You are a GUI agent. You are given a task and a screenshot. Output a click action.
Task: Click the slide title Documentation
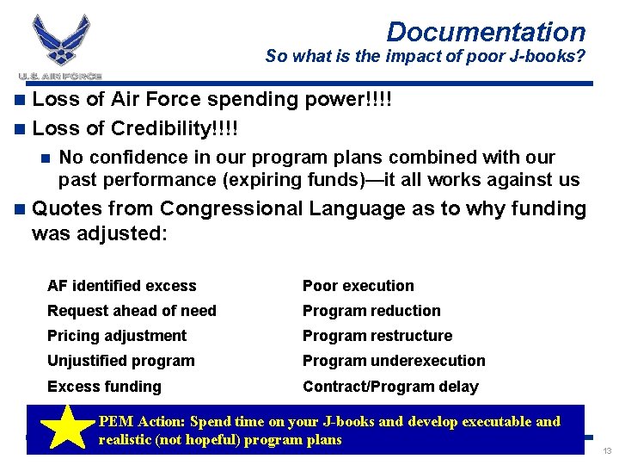[486, 32]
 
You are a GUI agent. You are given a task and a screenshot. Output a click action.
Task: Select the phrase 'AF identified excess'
[122, 286]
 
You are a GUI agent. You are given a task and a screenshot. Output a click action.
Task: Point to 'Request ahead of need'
[132, 311]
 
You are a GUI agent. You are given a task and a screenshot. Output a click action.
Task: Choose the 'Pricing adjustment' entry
[117, 336]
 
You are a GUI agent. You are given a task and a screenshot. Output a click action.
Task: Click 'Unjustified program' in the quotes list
[121, 361]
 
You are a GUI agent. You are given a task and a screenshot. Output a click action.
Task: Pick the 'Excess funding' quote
[104, 387]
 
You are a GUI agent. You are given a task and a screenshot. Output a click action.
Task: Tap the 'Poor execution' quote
[359, 286]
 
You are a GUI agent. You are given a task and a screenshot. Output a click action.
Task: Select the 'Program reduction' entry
[371, 311]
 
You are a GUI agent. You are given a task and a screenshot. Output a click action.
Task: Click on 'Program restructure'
[377, 336]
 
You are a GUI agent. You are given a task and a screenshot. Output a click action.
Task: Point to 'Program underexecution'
[394, 361]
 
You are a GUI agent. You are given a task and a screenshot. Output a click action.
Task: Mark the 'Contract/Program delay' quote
[390, 387]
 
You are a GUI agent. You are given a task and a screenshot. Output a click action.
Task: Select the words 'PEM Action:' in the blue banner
[141, 422]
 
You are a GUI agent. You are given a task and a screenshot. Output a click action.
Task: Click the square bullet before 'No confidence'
[46, 158]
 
